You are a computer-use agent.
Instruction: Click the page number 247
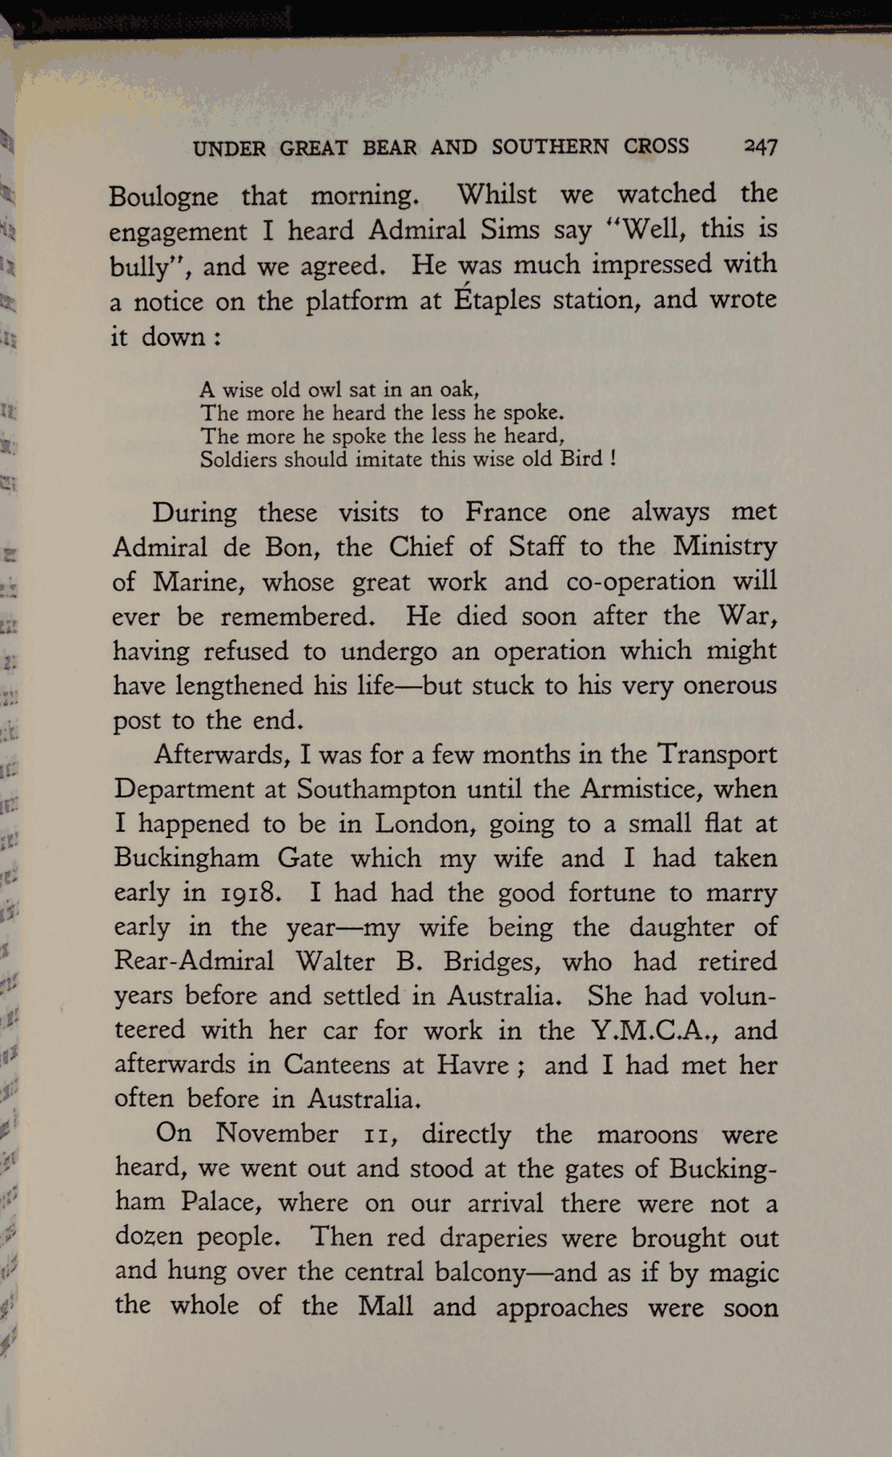click(761, 146)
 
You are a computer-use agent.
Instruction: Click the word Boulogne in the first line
click(163, 196)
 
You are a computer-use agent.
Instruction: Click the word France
click(505, 512)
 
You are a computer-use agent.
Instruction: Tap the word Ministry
click(724, 547)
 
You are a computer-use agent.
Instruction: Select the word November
click(277, 1134)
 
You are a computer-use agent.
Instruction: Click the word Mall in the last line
click(385, 1306)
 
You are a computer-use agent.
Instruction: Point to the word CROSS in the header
click(656, 147)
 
